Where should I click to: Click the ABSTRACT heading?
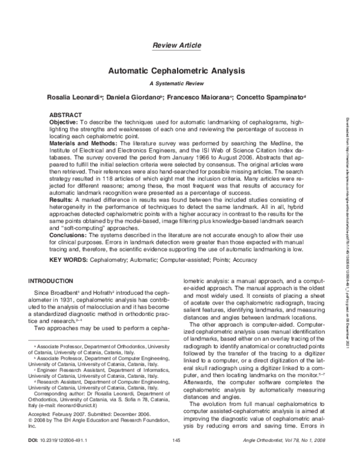tap(65, 114)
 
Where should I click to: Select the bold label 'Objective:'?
tap(63, 121)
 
